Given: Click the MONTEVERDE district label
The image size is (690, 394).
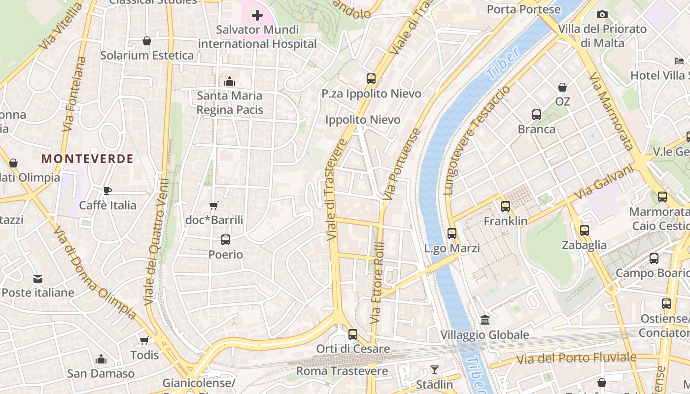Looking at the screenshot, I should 87,159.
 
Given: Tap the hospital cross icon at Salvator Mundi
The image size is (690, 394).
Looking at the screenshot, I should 257,16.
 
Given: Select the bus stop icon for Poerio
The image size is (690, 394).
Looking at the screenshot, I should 225,240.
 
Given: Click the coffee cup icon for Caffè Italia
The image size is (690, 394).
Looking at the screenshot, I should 107,191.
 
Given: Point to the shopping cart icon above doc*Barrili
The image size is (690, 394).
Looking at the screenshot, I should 213,205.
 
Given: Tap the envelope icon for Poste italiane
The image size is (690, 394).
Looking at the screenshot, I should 38,279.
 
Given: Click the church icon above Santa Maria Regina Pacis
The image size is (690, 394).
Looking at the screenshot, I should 229,81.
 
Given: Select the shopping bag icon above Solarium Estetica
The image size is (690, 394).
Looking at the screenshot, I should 146,41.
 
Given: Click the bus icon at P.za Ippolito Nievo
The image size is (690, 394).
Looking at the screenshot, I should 371,79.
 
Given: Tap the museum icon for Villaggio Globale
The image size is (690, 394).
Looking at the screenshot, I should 484,320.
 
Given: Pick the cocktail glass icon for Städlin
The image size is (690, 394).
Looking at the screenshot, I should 434,370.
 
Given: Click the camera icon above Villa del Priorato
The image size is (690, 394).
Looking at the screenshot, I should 602,15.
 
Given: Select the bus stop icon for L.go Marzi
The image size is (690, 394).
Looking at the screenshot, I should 452,233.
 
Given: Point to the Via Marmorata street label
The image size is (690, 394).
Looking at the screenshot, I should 611,111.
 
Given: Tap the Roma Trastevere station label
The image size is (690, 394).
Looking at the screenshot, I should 342,371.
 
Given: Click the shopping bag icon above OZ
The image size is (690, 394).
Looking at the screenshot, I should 562,87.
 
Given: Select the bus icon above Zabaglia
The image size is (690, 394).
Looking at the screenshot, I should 584,230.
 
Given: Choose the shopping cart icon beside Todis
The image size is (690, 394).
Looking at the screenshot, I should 144,341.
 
